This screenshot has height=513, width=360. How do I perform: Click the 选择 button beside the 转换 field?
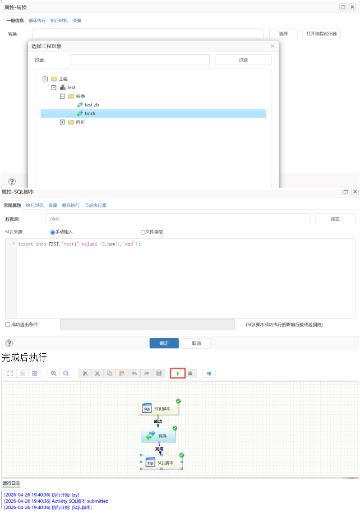[283, 34]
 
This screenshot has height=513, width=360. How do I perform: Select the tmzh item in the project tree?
[90, 113]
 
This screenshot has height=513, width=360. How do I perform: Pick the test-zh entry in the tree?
[91, 105]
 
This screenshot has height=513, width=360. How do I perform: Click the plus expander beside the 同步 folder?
[62, 122]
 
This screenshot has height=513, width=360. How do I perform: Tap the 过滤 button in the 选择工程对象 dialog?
[243, 60]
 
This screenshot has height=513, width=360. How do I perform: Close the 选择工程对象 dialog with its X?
[273, 46]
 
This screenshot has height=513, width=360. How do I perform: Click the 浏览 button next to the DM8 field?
[335, 219]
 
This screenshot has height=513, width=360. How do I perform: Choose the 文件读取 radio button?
[143, 232]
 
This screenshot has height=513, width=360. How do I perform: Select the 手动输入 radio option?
[53, 232]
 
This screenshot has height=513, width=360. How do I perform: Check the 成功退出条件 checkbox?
[8, 325]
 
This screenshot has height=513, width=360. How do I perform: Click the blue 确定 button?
[164, 343]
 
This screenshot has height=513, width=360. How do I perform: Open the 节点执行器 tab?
[95, 205]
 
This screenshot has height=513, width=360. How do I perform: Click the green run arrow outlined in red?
[178, 373]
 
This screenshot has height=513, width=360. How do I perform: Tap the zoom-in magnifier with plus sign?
[54, 373]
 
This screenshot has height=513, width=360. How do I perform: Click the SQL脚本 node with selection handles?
[161, 463]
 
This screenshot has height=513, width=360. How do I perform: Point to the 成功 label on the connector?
[158, 422]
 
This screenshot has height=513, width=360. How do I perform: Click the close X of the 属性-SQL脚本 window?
[354, 192]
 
